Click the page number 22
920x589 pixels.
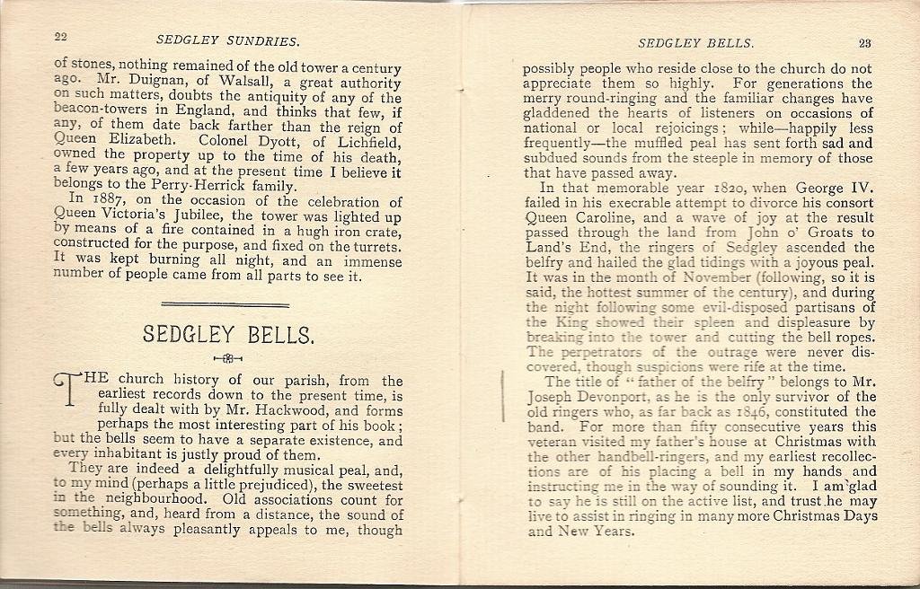point(61,37)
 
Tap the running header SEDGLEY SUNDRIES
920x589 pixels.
point(227,40)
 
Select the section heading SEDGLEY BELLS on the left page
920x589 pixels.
point(228,336)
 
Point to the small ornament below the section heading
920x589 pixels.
point(228,359)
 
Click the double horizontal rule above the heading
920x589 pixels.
point(228,304)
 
